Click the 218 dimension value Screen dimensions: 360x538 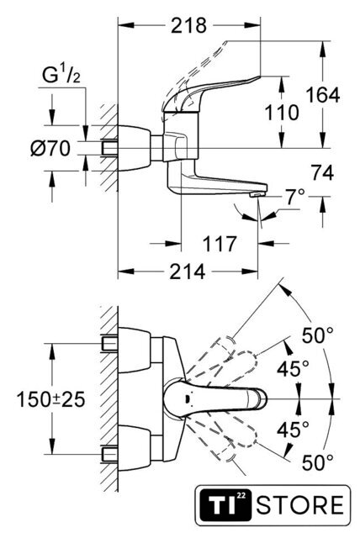tap(188, 25)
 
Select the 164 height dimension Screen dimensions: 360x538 tap(323, 95)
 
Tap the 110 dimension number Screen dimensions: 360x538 tap(282, 113)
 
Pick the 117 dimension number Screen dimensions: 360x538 tap(220, 243)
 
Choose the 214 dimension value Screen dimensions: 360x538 tap(188, 272)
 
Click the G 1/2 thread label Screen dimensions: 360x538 tap(61, 76)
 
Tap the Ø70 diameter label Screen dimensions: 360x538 tap(50, 149)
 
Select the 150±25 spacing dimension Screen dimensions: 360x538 tap(50, 400)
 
